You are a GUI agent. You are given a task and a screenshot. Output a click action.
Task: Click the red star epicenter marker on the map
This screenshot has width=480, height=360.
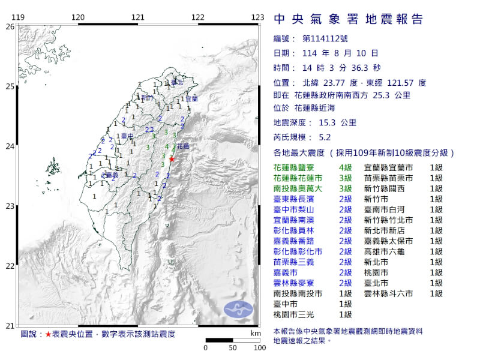(172, 159)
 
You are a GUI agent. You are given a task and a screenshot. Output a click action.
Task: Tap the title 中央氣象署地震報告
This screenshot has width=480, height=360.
(348, 19)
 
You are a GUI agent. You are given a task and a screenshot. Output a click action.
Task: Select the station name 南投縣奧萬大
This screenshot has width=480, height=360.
(302, 188)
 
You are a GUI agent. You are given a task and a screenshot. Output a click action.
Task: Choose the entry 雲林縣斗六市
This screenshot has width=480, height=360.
(388, 293)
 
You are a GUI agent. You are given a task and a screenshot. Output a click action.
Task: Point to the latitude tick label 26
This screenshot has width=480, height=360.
(10, 27)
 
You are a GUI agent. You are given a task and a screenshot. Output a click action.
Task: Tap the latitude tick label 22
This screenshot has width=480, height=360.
(10, 266)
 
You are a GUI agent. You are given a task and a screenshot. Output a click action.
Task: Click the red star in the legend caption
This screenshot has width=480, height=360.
(48, 334)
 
